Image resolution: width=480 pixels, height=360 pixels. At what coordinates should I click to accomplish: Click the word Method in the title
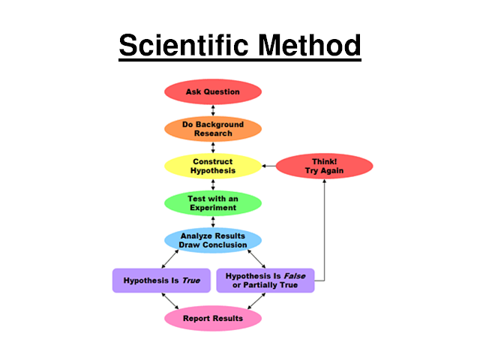coord(309,46)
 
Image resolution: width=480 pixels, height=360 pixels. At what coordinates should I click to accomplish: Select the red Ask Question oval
coord(213,91)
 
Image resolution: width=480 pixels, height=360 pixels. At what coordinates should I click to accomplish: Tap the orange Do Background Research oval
coord(213,128)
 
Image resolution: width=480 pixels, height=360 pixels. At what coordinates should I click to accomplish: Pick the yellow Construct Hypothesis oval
coord(213,166)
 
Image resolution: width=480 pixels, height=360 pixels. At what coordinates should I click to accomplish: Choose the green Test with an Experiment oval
coord(213,202)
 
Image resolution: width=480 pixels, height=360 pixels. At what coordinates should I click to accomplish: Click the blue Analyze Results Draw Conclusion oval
coord(213,240)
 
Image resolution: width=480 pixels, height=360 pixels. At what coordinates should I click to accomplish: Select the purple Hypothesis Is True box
coord(161,280)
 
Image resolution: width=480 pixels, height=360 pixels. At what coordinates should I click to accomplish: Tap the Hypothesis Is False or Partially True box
coord(265,280)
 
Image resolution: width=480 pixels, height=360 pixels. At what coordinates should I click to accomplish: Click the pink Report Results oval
coord(213,318)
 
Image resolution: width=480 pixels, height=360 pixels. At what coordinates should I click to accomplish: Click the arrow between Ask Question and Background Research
coord(213,109)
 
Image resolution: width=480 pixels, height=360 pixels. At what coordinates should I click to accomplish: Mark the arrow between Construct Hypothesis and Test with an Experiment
coord(213,184)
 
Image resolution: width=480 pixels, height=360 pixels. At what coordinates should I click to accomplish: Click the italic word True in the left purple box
coord(191,280)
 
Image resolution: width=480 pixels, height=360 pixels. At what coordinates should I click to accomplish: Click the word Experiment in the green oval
coord(213,208)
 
